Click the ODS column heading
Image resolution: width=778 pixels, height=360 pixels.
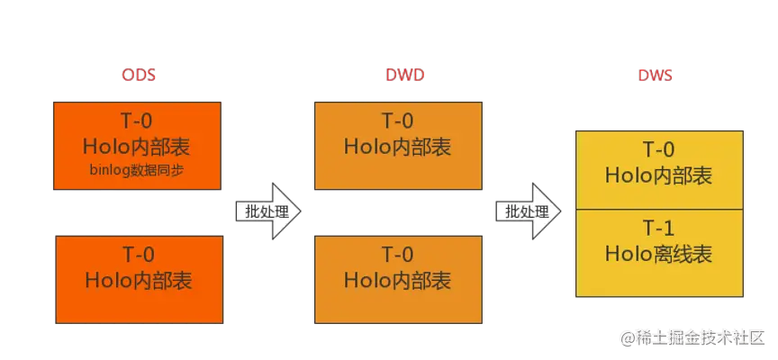[x=139, y=76]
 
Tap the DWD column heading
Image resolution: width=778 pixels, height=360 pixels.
[x=398, y=76]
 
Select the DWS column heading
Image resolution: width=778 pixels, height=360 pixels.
[x=657, y=76]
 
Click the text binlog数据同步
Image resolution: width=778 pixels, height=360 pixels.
[x=138, y=169]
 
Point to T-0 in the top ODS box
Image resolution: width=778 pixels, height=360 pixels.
[x=138, y=121]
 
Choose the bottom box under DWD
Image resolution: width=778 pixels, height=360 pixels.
[x=397, y=266]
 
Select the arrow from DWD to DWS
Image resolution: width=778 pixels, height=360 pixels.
[x=529, y=211]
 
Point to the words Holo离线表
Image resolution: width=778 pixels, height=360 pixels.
[x=658, y=255]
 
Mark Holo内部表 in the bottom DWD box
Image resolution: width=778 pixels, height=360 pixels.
[x=397, y=280]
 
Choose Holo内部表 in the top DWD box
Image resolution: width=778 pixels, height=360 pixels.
[x=397, y=146]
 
